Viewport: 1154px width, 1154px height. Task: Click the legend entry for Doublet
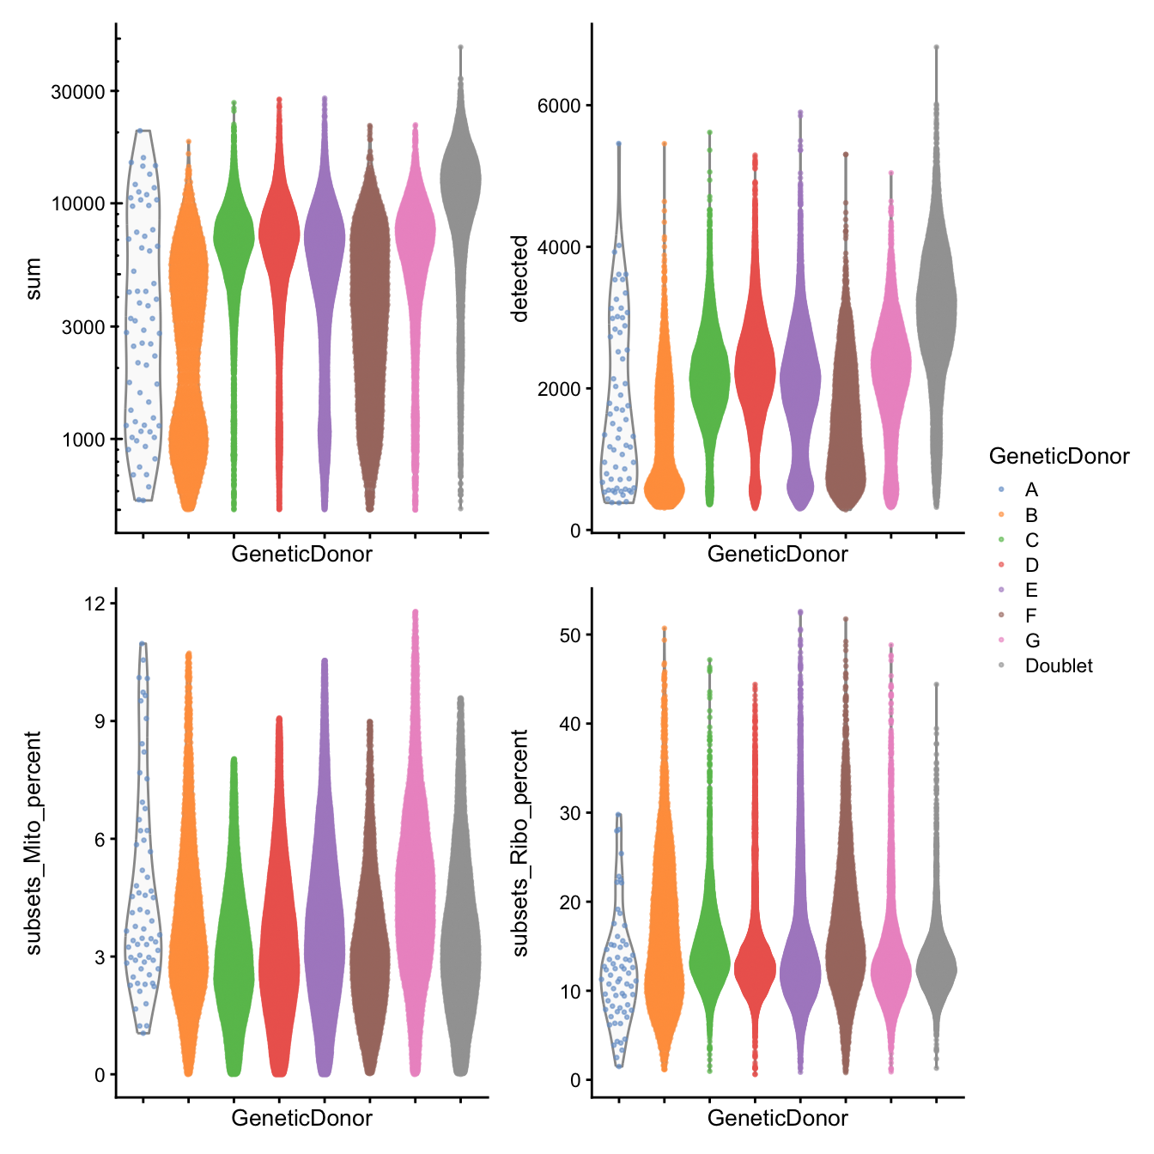(x=1058, y=665)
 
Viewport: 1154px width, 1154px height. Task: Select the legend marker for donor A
(x=1002, y=489)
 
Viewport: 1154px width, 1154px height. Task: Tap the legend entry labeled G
(x=1031, y=641)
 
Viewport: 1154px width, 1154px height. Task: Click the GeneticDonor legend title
(x=1059, y=456)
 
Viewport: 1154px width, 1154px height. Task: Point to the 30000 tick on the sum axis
(x=78, y=92)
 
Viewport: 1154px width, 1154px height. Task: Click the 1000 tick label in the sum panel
(x=83, y=440)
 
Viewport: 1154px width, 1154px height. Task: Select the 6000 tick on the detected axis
(x=559, y=106)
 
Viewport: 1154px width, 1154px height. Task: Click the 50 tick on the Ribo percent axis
(x=569, y=635)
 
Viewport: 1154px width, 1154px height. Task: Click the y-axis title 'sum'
(x=33, y=280)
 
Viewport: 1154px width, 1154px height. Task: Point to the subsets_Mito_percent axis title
(x=33, y=842)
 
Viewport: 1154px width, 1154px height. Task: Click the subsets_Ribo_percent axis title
(x=519, y=842)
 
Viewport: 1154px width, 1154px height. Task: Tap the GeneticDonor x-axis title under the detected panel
(x=777, y=555)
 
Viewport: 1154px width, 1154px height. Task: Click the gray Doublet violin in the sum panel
(x=460, y=180)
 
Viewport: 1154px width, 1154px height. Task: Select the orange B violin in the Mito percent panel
(x=188, y=944)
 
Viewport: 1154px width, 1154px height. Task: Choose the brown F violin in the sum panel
(x=370, y=326)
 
